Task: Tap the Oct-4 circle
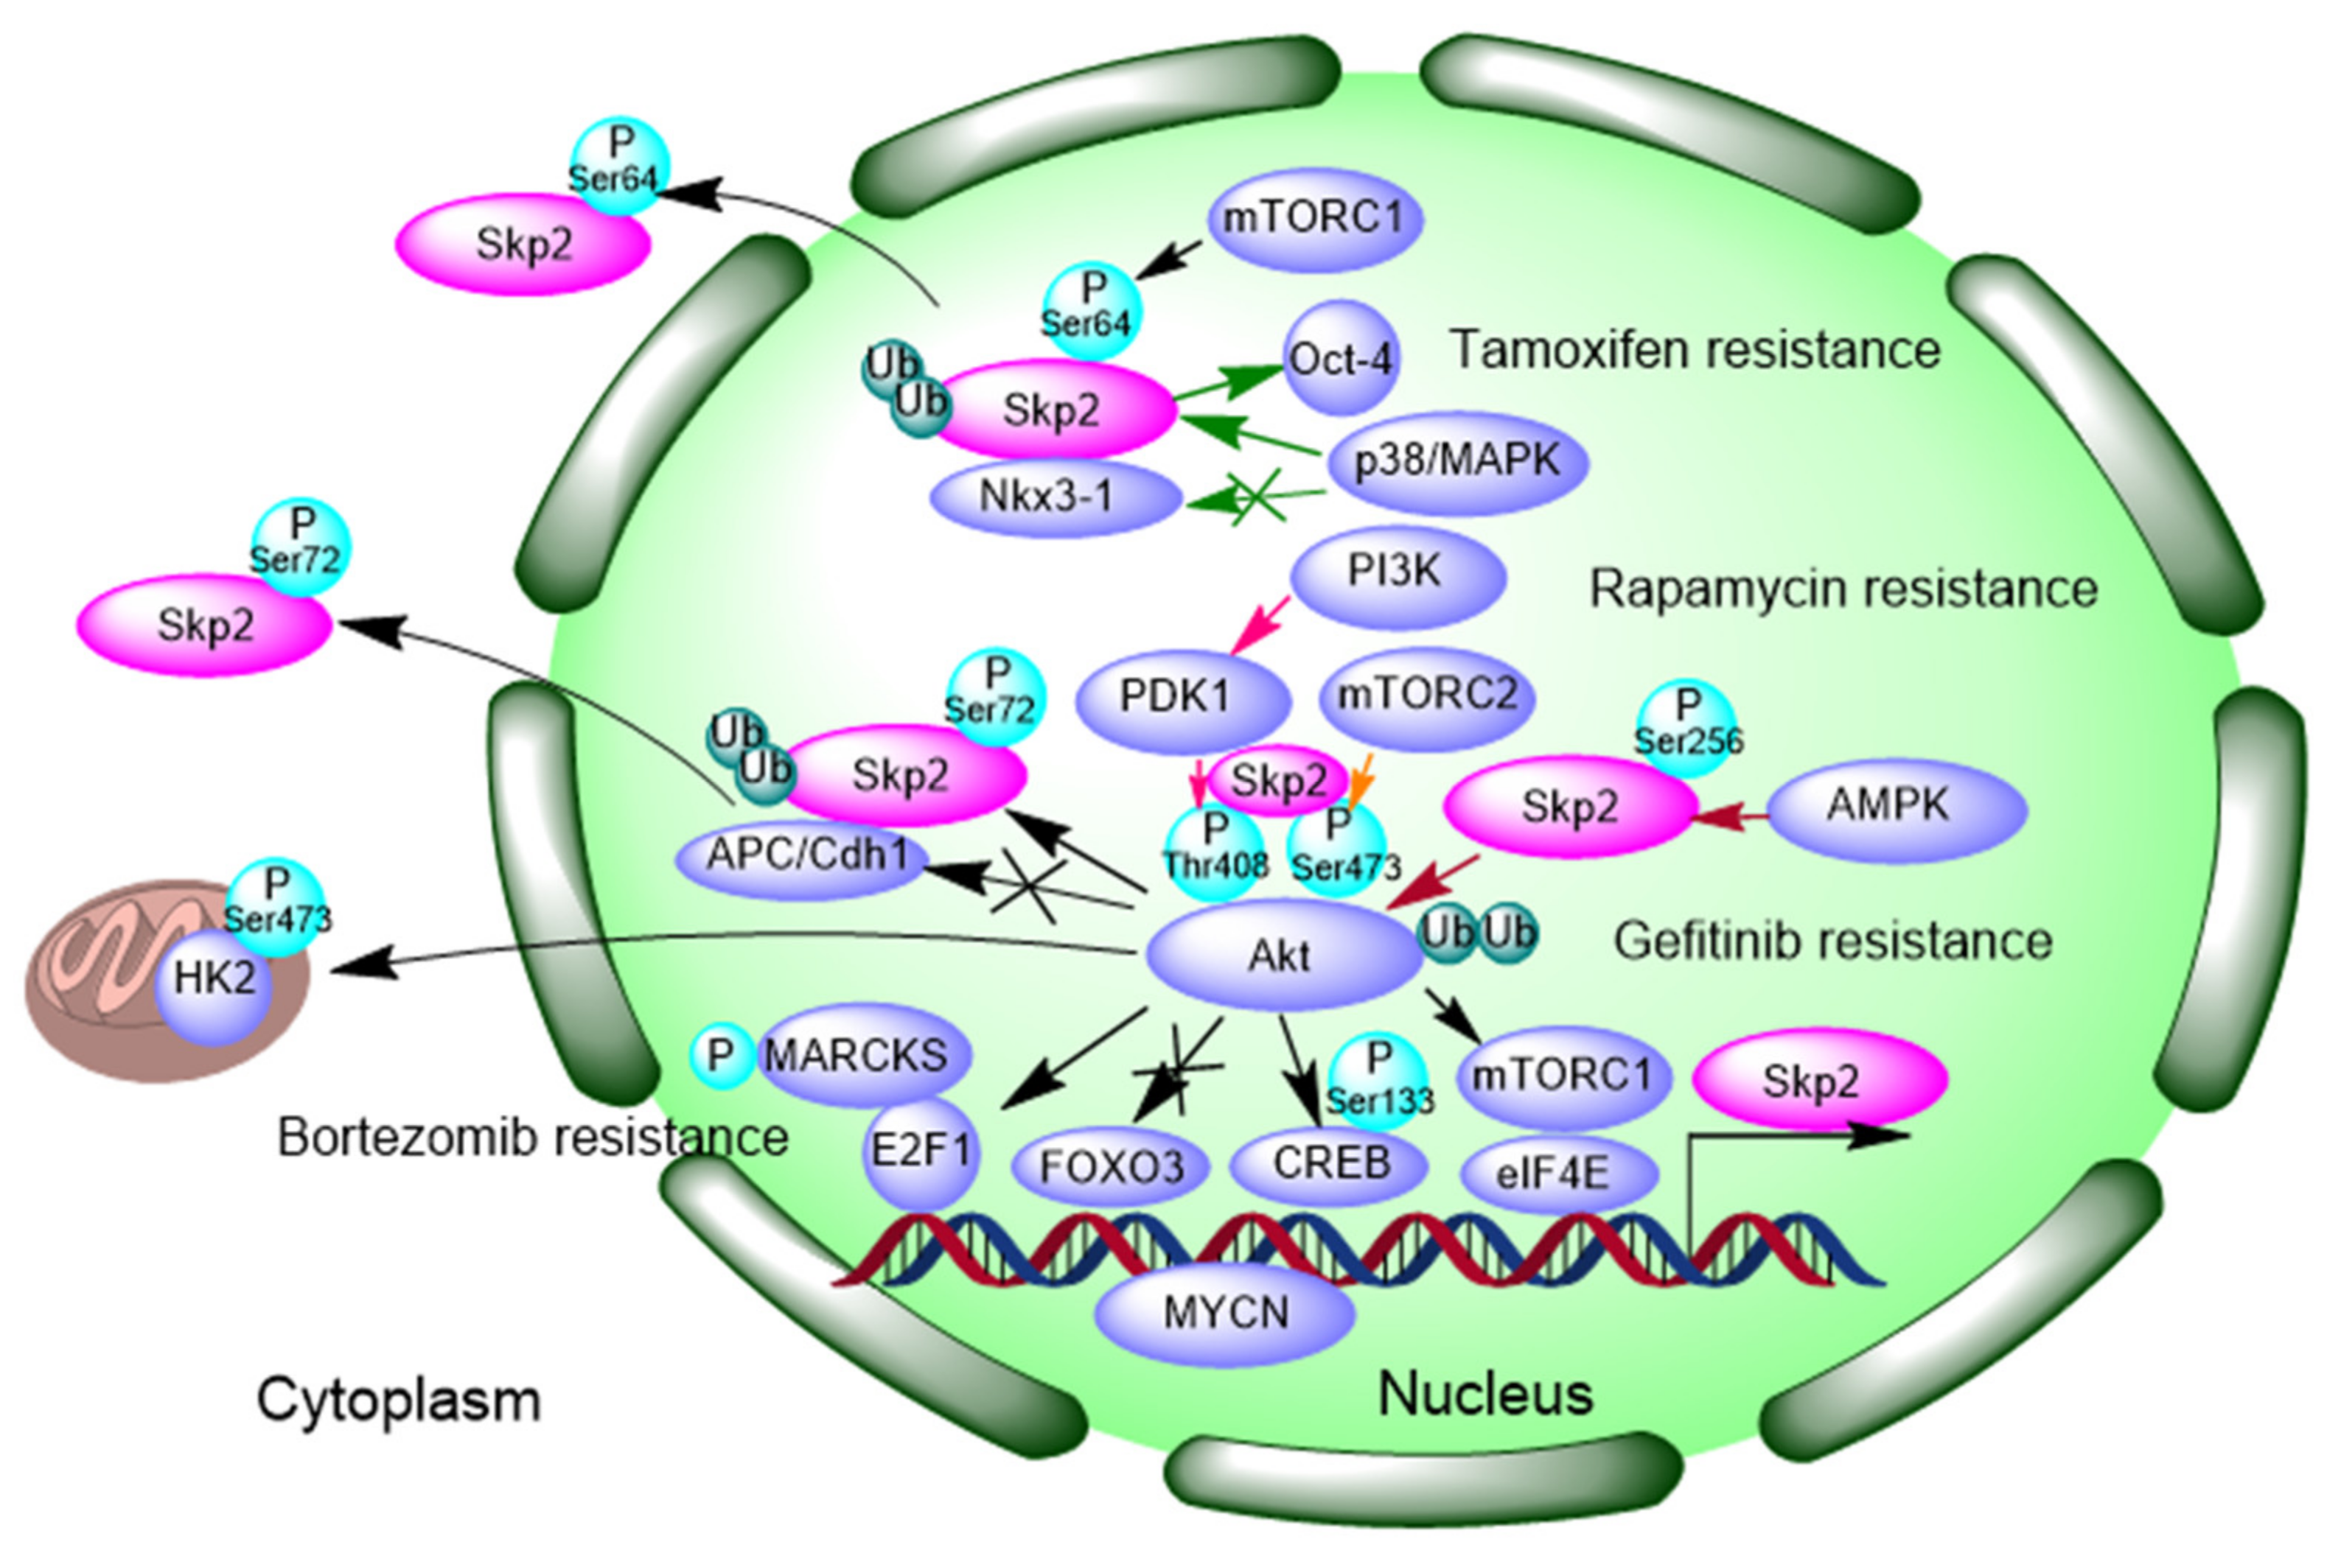[1342, 359]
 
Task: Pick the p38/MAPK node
[1456, 461]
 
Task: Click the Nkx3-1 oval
[1055, 497]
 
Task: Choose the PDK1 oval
[1181, 697]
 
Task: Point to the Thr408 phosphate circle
[1215, 852]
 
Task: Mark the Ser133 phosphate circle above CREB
[1378, 1084]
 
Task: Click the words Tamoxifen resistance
[1694, 351]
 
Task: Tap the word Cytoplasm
[398, 1400]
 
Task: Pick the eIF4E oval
[1558, 1174]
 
